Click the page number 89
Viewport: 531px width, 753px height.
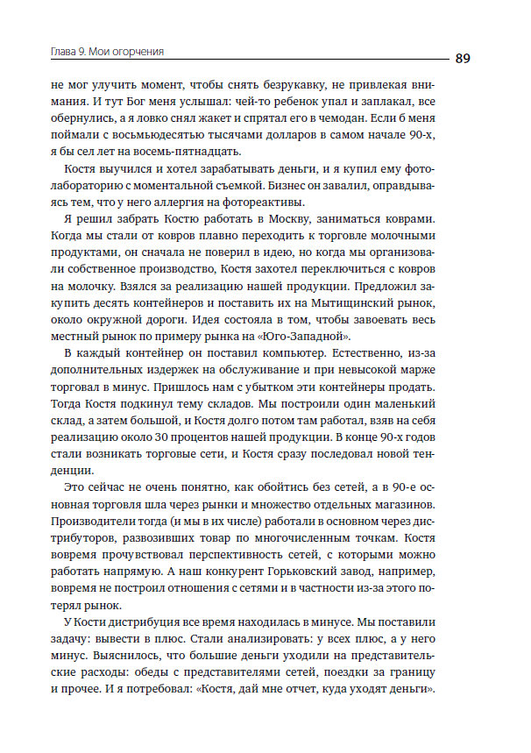(x=464, y=59)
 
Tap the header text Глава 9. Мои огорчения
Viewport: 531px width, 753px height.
(x=109, y=52)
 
